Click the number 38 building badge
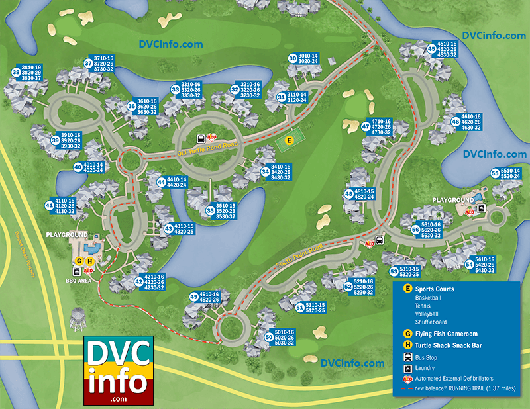15,72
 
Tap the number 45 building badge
431,48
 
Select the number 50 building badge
268,337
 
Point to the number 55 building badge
495,173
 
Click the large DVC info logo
119,371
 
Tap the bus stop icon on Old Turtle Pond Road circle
200,139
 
